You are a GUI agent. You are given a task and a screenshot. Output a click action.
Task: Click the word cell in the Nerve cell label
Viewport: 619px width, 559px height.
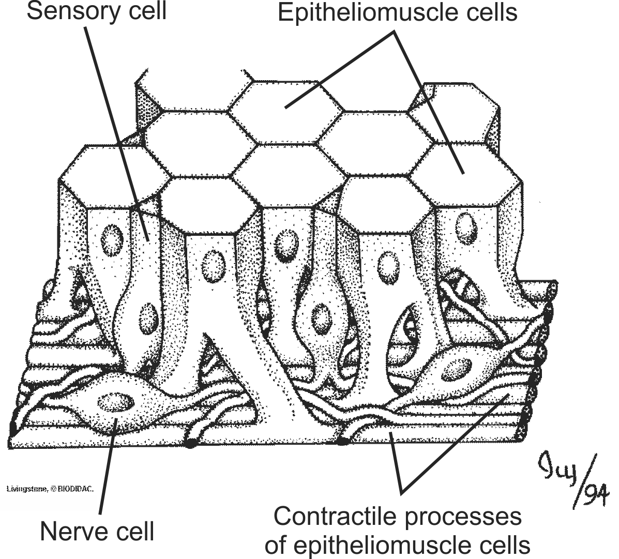[133, 531]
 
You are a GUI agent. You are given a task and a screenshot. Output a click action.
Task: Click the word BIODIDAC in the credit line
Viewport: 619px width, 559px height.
[77, 488]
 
